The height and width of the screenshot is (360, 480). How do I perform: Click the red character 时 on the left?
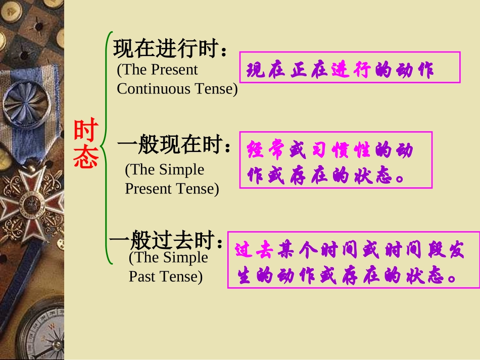tap(86, 132)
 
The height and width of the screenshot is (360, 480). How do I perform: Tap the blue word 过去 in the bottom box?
tap(255, 250)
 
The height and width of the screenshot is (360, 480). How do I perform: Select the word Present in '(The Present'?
tap(174, 70)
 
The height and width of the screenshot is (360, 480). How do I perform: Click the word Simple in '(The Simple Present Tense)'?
tap(182, 170)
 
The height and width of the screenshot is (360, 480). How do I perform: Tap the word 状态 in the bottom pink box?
tap(429, 276)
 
